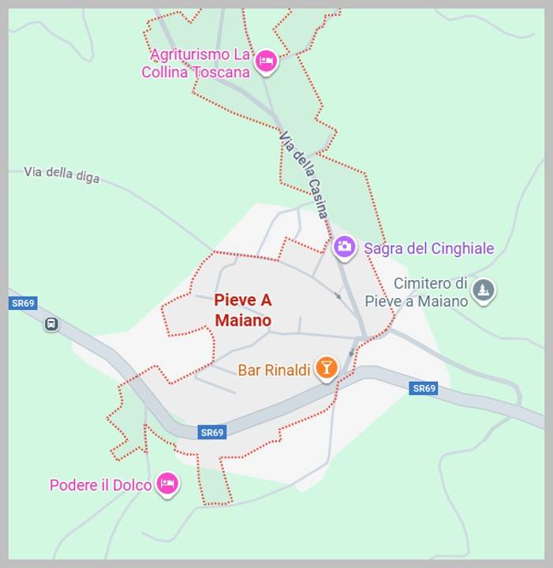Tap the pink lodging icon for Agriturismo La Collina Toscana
[267, 62]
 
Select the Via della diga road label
[62, 174]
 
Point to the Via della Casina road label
[303, 174]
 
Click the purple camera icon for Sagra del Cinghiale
[344, 248]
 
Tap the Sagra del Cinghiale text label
[428, 248]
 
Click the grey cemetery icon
[484, 291]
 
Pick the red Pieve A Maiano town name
[243, 310]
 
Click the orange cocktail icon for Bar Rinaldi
[326, 368]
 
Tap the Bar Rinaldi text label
[274, 370]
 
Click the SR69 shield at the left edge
[23, 303]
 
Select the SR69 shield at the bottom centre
[211, 432]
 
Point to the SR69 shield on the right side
[424, 388]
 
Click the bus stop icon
[51, 323]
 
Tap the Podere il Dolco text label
[100, 485]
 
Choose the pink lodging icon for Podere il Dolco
[166, 484]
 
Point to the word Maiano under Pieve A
[243, 320]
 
